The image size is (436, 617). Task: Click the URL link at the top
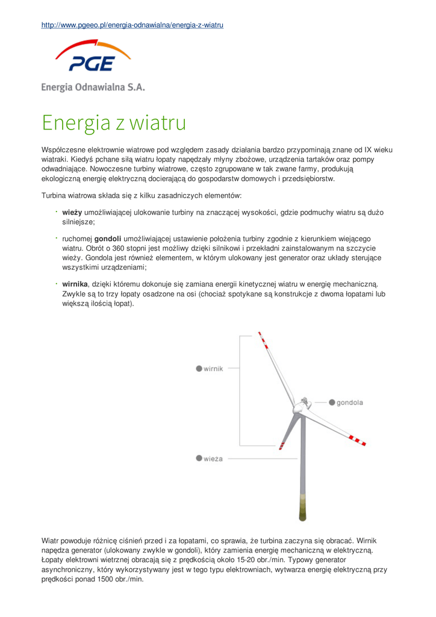(x=132, y=25)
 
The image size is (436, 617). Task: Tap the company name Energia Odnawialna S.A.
(x=93, y=87)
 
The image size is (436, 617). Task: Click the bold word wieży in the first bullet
(x=72, y=213)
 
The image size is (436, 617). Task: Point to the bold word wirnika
(x=75, y=284)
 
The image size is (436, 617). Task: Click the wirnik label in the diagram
(x=213, y=369)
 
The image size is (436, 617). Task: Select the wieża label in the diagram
(x=213, y=459)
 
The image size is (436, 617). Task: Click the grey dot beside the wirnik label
(x=199, y=369)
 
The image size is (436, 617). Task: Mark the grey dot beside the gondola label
(x=332, y=402)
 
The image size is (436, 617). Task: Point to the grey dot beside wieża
(x=199, y=459)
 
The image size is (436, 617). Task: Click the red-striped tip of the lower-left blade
(x=281, y=445)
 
